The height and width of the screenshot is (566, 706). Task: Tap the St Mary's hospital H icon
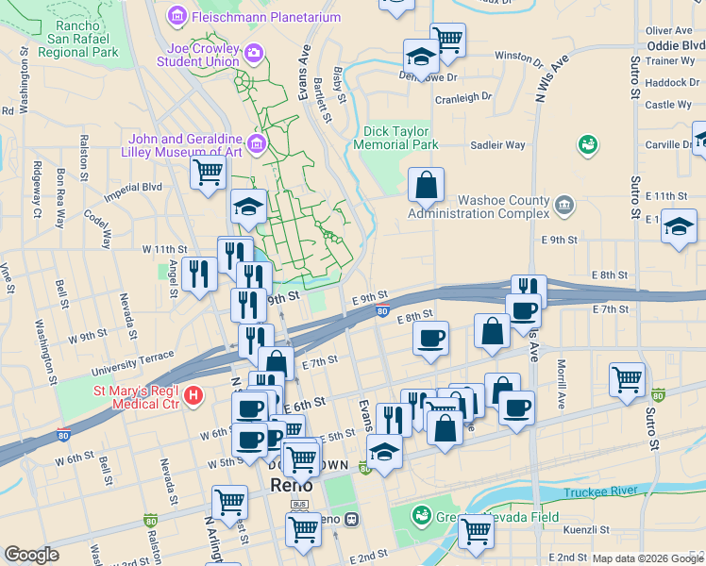pyautogui.click(x=194, y=394)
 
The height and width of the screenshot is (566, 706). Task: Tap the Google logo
pyautogui.click(x=31, y=555)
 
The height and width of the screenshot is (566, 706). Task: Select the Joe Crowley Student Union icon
pyautogui.click(x=251, y=55)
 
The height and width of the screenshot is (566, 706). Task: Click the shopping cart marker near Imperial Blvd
pyautogui.click(x=208, y=173)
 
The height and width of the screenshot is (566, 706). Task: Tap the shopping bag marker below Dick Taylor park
pyautogui.click(x=427, y=184)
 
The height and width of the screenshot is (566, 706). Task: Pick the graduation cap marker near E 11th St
pyautogui.click(x=679, y=226)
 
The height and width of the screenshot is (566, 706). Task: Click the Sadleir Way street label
pyautogui.click(x=497, y=145)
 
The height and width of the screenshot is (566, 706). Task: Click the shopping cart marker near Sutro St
pyautogui.click(x=627, y=379)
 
